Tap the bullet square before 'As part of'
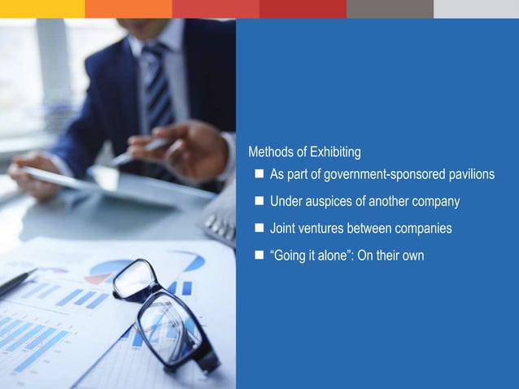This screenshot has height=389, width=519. pos(258,174)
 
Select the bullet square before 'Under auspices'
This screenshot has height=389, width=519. pos(258,201)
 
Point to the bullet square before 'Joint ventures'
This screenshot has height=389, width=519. pos(258,228)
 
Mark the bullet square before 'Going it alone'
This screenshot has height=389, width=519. pos(258,255)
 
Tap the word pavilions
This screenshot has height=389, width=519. pos(468,175)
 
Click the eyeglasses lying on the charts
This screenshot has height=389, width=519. pos(163,313)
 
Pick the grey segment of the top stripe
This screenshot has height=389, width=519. pos(390,8)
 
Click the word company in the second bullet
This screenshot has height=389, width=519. pos(435,202)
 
